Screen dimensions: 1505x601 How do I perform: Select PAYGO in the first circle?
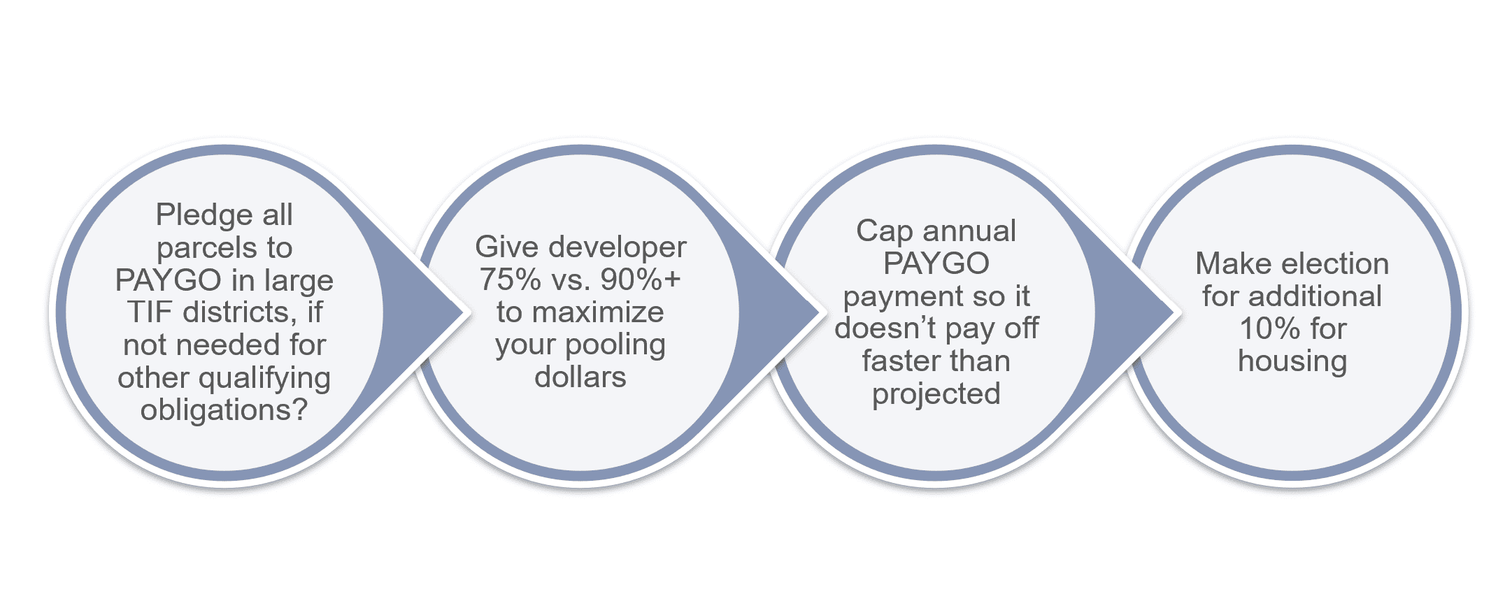[169, 280]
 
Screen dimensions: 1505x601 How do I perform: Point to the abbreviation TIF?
[150, 312]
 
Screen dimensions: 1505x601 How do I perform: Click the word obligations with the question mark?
[224, 410]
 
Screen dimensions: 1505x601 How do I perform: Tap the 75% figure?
[510, 280]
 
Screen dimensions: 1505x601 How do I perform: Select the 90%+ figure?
[640, 280]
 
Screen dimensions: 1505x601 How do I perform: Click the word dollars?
[580, 377]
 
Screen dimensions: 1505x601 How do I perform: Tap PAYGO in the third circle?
[936, 263]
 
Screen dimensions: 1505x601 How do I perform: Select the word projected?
[936, 395]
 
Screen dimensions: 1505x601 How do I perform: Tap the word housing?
[1292, 362]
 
